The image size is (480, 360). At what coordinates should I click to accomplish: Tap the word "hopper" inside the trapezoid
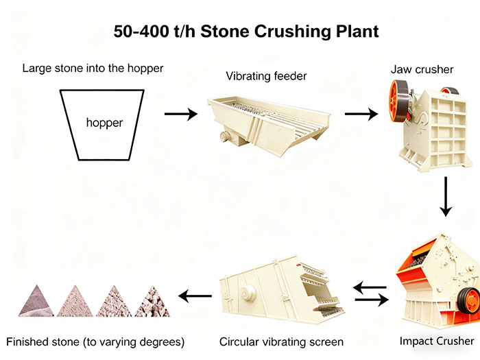[104, 123]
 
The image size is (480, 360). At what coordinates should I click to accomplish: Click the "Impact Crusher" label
[436, 341]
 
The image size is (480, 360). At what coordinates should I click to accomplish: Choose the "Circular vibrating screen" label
[281, 341]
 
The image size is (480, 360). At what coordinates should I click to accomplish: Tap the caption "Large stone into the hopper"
[93, 69]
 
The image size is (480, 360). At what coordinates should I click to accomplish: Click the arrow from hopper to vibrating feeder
[180, 113]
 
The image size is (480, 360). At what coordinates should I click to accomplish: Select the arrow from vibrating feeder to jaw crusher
[361, 113]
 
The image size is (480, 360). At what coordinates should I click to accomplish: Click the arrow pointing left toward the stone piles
[195, 296]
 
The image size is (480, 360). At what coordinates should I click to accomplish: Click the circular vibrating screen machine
[278, 291]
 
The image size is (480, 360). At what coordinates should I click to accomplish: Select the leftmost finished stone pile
[36, 302]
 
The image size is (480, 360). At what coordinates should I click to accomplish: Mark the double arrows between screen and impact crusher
[370, 293]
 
